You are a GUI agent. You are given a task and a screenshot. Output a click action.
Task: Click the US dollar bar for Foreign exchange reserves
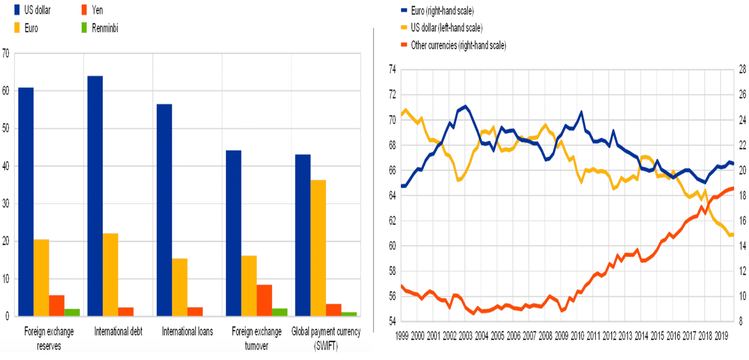pos(26,201)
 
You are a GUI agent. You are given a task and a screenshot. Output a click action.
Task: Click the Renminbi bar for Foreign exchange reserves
pos(72,312)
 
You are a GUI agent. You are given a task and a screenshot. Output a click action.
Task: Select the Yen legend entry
pos(96,10)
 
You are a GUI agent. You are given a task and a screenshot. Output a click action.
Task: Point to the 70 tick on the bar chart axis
pos(6,53)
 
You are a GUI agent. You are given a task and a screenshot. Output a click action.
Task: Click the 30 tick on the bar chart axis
pos(6,204)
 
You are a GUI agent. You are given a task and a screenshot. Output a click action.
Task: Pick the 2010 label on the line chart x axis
pos(577,335)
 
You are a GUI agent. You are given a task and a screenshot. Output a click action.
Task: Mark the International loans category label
pos(187,332)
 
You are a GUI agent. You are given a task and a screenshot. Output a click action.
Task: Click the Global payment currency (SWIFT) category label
pos(326,337)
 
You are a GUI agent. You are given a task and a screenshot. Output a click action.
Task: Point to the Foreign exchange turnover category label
pos(257,337)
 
